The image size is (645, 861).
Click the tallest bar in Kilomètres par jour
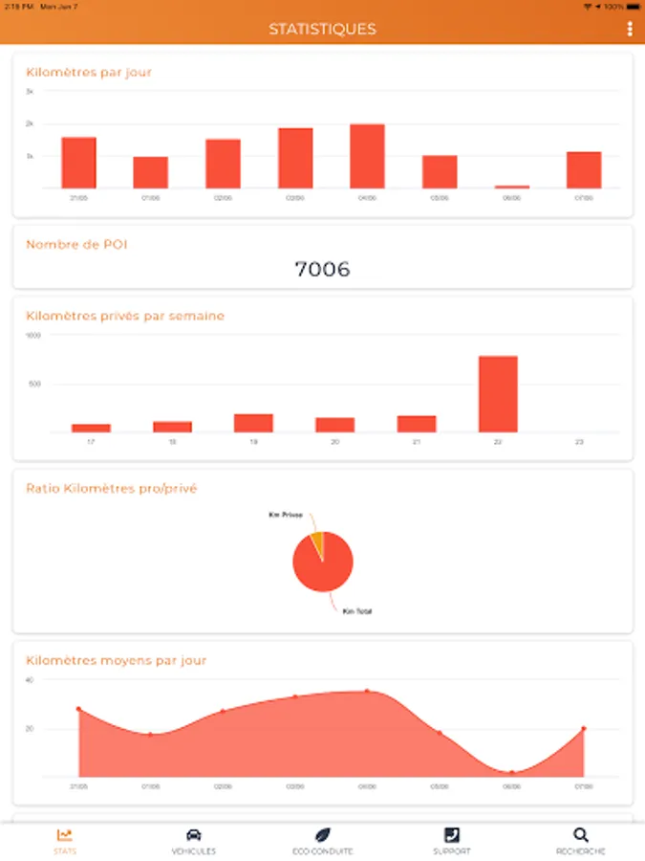tap(367, 156)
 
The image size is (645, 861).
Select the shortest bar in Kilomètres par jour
tap(511, 187)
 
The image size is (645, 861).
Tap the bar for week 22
tap(498, 394)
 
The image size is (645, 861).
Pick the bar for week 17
tap(91, 428)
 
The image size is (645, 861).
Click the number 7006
tap(322, 270)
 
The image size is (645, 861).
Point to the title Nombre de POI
tap(76, 245)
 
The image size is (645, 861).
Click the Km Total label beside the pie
tap(357, 611)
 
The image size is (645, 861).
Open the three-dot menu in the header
tap(630, 29)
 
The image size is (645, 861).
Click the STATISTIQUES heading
tap(322, 29)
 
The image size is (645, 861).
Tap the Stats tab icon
tap(65, 835)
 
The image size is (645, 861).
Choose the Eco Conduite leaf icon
tap(323, 835)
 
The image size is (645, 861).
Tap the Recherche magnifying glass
tap(581, 835)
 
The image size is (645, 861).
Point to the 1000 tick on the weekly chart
tap(33, 336)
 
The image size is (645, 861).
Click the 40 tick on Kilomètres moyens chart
tap(30, 680)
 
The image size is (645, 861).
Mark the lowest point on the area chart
tap(512, 772)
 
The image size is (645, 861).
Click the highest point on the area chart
tap(367, 691)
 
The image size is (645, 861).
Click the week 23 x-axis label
tap(579, 442)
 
